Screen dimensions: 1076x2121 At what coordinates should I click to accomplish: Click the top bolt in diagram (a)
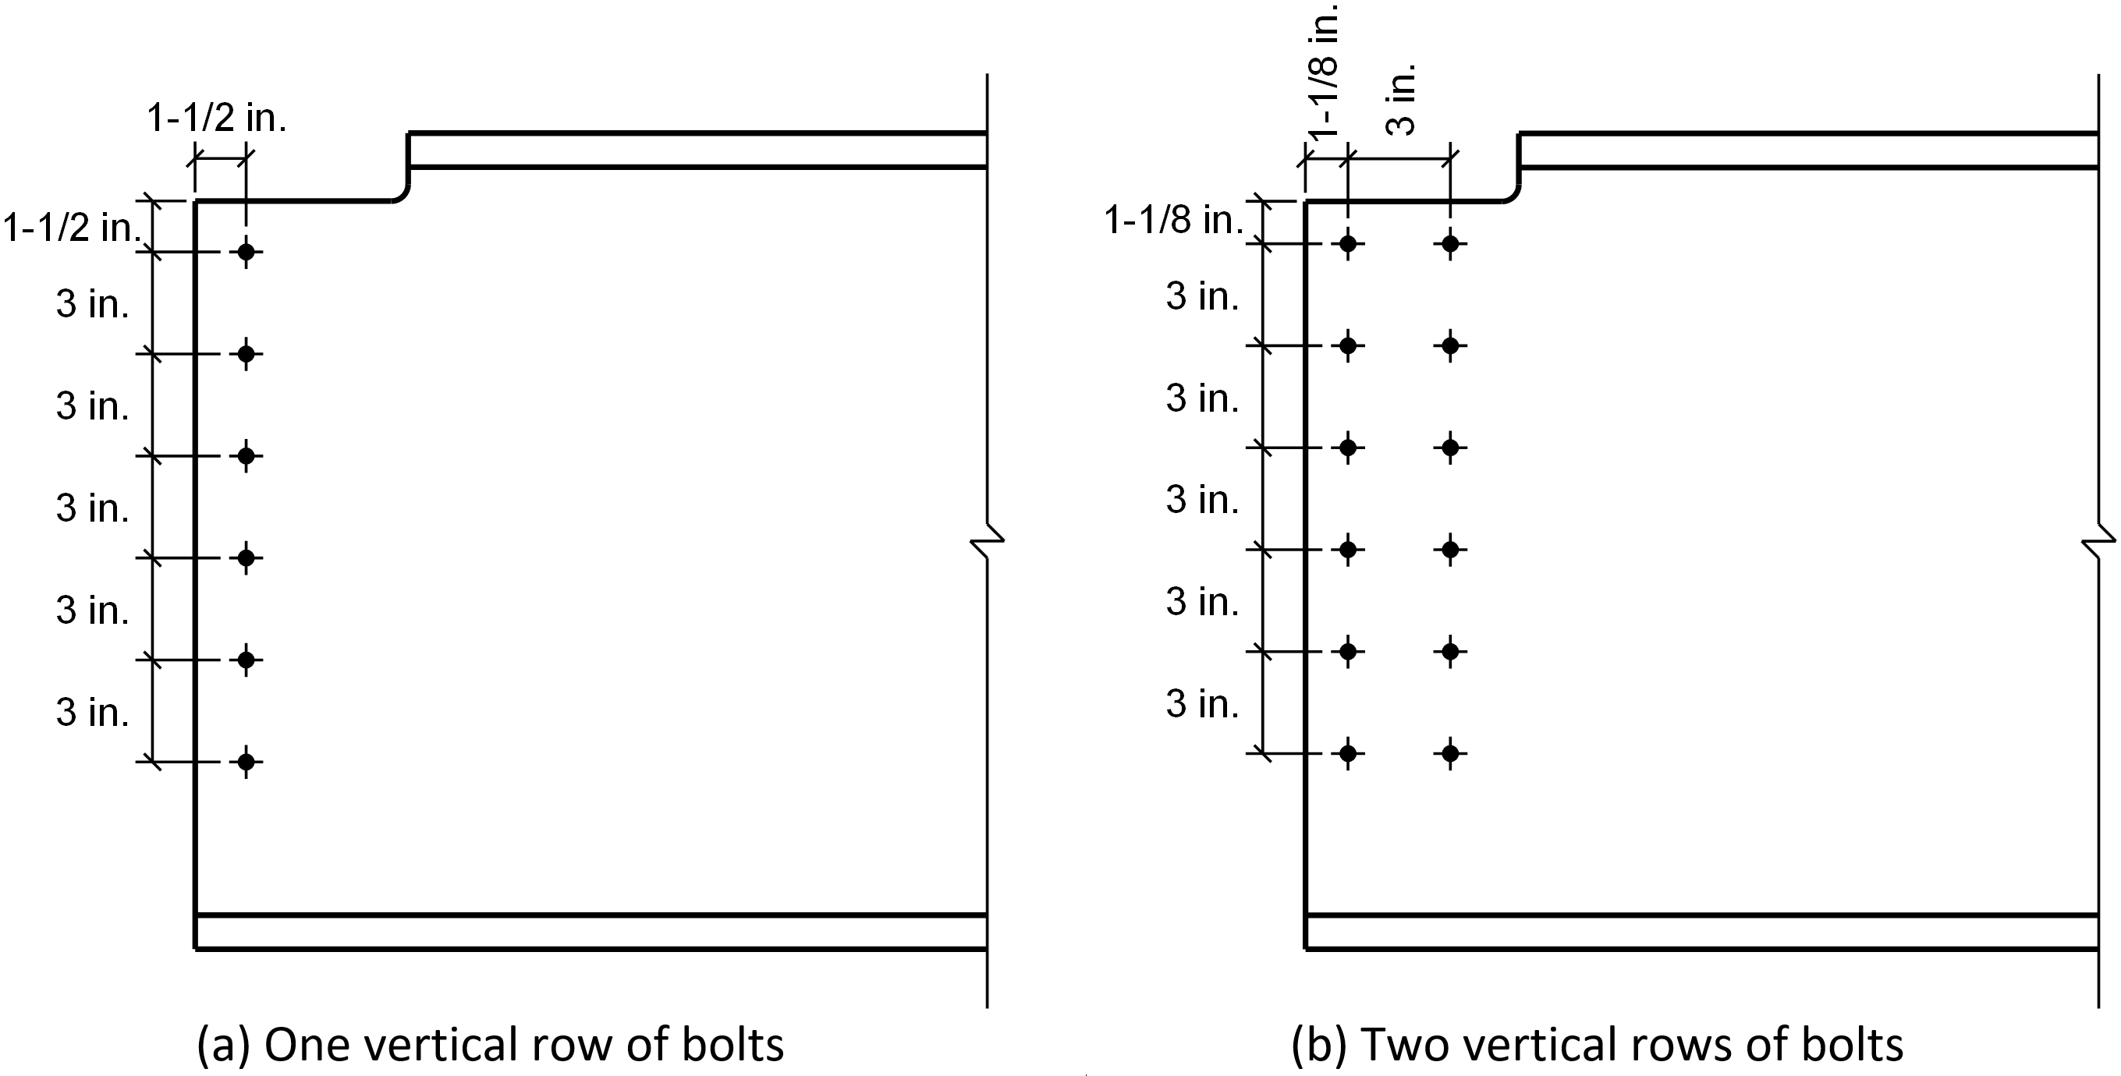tap(247, 252)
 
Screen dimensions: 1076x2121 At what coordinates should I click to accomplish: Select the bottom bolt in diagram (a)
tap(247, 762)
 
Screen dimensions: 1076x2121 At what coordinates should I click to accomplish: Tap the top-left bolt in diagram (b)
tap(1348, 244)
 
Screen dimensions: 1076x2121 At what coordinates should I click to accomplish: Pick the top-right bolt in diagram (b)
tap(1450, 244)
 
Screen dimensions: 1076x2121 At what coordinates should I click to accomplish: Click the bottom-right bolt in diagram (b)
tap(1450, 752)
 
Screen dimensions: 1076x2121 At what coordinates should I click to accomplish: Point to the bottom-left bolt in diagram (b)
tap(1348, 752)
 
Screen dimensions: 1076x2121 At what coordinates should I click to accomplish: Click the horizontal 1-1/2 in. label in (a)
tap(217, 119)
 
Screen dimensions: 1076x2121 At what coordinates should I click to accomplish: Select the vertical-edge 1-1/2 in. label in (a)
tap(73, 227)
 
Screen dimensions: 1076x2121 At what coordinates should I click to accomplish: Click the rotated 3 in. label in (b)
tap(1400, 99)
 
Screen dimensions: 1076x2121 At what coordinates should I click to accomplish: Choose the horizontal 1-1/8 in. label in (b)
tap(1173, 220)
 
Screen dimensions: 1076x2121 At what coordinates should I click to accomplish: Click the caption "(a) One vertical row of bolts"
tap(490, 1044)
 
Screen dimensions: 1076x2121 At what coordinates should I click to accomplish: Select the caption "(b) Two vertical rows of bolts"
tap(1598, 1044)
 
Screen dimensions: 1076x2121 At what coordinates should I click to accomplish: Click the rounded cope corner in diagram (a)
tap(401, 194)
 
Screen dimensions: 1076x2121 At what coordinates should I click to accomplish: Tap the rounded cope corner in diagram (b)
tap(1512, 194)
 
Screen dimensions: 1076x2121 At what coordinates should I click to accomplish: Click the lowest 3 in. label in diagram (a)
tap(92, 712)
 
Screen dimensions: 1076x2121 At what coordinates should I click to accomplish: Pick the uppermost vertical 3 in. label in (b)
tap(1202, 296)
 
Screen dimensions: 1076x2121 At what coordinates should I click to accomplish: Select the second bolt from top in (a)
tap(247, 354)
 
